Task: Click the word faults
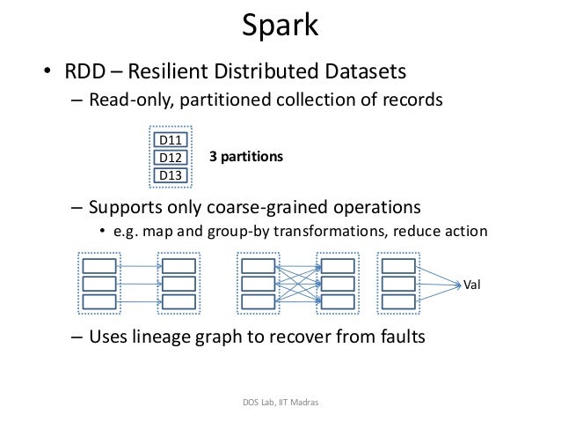(397, 335)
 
